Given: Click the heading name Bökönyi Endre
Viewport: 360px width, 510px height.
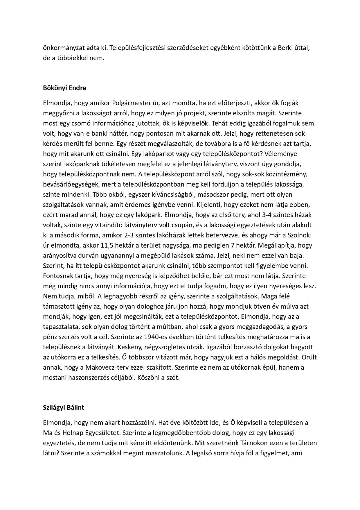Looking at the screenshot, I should coord(64,88).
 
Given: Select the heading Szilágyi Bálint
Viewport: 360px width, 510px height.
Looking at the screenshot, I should coord(63,407).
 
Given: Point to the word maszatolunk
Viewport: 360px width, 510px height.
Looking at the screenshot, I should coord(163,453).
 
